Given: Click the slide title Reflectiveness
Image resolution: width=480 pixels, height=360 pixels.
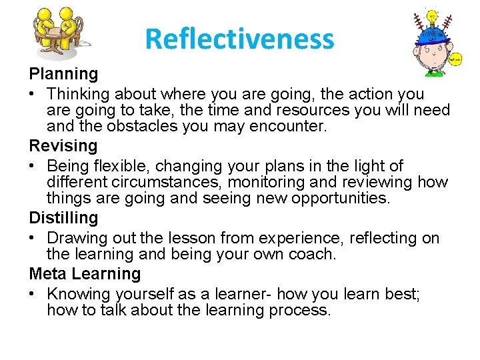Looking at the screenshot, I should click(239, 39).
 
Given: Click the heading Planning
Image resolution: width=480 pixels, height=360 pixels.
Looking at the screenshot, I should click(63, 74).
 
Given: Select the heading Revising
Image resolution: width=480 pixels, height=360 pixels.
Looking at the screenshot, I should click(63, 146).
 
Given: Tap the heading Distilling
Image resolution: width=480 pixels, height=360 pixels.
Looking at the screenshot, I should click(63, 218).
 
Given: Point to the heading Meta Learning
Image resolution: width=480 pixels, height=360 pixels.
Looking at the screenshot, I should click(85, 274).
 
